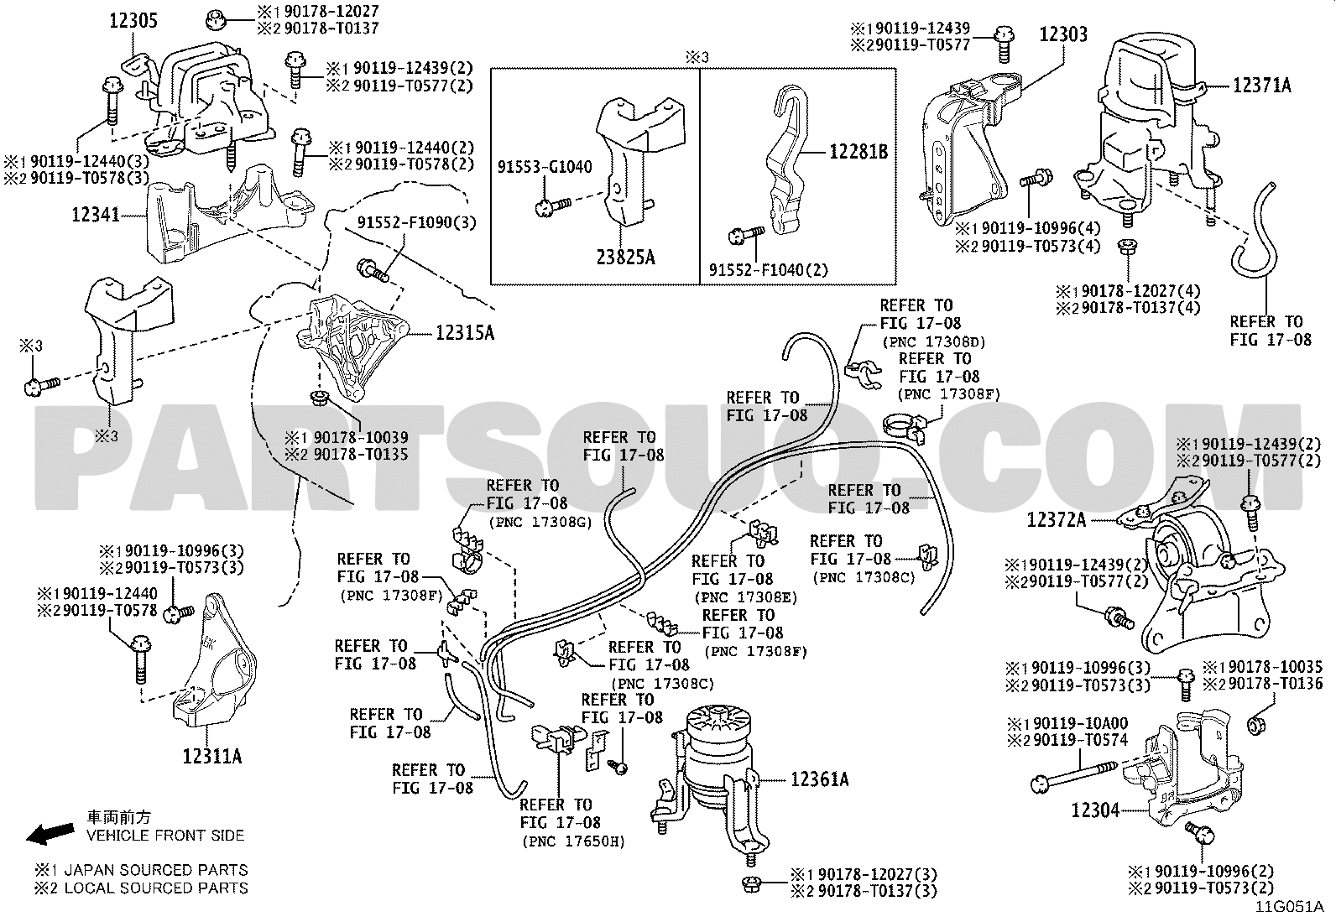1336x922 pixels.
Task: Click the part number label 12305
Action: coord(133,21)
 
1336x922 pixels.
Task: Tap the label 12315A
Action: coord(464,333)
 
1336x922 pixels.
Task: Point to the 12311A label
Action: coord(211,756)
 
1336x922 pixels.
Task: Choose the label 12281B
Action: coord(858,152)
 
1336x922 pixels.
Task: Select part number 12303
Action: coord(1063,34)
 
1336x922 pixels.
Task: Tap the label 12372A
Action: coord(1056,520)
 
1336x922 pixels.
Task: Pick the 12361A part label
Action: coord(819,779)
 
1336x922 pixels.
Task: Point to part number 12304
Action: coord(1094,810)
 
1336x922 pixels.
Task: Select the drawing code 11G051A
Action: coord(1289,907)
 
